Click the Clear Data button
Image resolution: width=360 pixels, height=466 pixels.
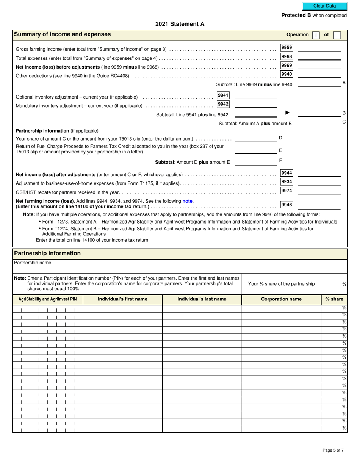tap(324, 6)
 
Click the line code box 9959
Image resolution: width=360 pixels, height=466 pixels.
tap(286, 48)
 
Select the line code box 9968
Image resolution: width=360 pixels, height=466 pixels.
tap(286, 56)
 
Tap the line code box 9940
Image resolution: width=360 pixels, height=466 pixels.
tap(286, 74)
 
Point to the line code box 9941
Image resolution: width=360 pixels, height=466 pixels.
tap(223, 95)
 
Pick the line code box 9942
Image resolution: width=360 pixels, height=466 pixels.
tap(223, 104)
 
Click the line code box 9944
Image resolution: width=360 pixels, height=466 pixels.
tap(286, 173)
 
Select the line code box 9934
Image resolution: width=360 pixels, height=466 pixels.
tap(286, 182)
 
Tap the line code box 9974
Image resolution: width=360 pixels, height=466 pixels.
tap(286, 191)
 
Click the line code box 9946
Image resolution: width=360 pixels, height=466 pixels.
tap(286, 205)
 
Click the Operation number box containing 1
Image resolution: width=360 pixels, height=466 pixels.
tap(315, 35)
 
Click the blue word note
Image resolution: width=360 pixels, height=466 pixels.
tap(188, 201)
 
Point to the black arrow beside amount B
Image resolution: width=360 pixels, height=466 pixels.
tap(287, 113)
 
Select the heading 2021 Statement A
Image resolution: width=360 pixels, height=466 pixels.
tap(180, 24)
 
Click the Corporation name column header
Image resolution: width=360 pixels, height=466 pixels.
tap(281, 299)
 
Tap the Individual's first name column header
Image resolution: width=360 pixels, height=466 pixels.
tap(122, 299)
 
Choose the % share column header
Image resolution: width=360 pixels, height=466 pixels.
tap(334, 299)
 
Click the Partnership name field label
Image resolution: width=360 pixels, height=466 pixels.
tap(33, 263)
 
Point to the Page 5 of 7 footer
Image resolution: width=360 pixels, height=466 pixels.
tap(333, 450)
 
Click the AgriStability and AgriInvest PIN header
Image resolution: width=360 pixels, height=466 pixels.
tap(48, 299)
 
